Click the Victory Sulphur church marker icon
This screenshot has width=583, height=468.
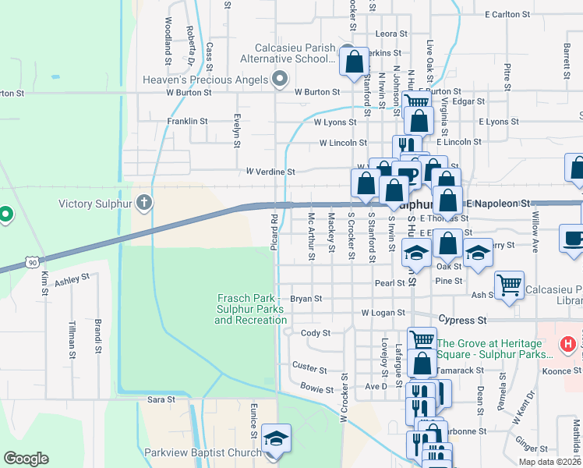point(143,204)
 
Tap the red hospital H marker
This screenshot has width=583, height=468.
point(569,343)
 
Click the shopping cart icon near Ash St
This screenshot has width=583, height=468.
point(509,285)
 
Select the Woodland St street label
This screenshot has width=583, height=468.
point(168,37)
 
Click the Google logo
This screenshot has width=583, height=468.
point(26,459)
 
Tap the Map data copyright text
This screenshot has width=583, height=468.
point(549,462)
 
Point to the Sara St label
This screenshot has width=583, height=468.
point(161,399)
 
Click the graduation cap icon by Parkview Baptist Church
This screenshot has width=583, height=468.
point(276,439)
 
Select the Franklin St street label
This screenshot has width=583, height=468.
point(187,121)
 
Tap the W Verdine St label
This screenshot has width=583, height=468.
point(270,171)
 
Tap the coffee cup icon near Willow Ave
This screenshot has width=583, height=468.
point(573,239)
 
